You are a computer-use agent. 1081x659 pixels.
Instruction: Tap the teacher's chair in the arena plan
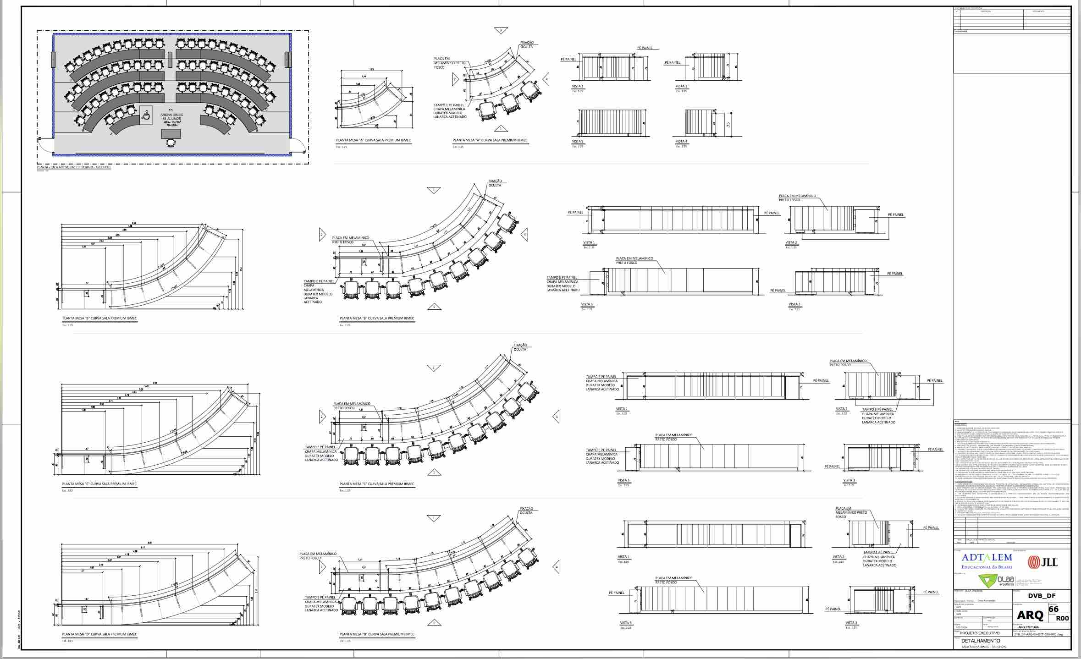171,143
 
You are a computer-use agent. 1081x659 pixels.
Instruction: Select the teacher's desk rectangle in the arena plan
171,134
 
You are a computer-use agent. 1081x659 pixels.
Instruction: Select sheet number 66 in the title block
1053,609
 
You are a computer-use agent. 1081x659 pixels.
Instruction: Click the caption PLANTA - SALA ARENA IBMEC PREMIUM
73,167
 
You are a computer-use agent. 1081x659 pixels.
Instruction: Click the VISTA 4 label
681,142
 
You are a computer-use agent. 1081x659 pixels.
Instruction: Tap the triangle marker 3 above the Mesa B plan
433,190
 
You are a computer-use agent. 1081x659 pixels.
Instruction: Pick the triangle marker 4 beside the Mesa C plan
557,417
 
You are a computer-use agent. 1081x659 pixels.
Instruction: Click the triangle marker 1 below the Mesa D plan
433,623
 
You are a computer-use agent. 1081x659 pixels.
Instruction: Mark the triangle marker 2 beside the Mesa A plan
455,79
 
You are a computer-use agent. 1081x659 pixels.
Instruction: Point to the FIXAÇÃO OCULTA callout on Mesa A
527,44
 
